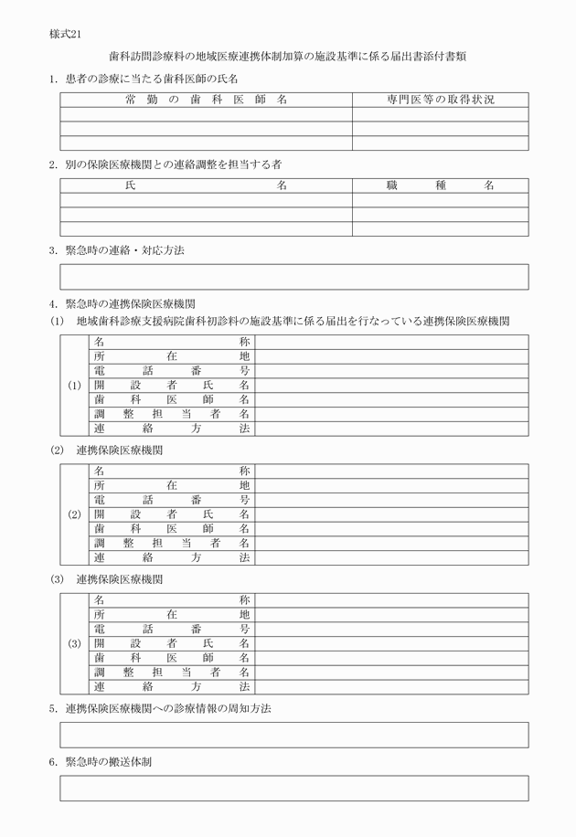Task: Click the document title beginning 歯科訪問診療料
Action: coord(288,57)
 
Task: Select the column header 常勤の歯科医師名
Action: coord(206,100)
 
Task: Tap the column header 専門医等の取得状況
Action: coord(440,100)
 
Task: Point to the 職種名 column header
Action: coord(440,185)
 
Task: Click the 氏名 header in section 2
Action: coord(206,185)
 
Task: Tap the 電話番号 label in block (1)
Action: coord(172,371)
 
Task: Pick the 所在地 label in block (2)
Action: coord(172,485)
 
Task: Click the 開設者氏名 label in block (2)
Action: coord(172,514)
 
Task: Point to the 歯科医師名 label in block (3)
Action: coord(172,658)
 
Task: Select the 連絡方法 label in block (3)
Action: coord(172,686)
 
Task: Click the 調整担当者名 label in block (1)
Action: coord(172,414)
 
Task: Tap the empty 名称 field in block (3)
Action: coord(391,600)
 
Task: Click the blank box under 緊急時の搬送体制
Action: coord(293,789)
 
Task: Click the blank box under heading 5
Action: coord(293,736)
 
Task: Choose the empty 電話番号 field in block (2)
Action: coord(391,500)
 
